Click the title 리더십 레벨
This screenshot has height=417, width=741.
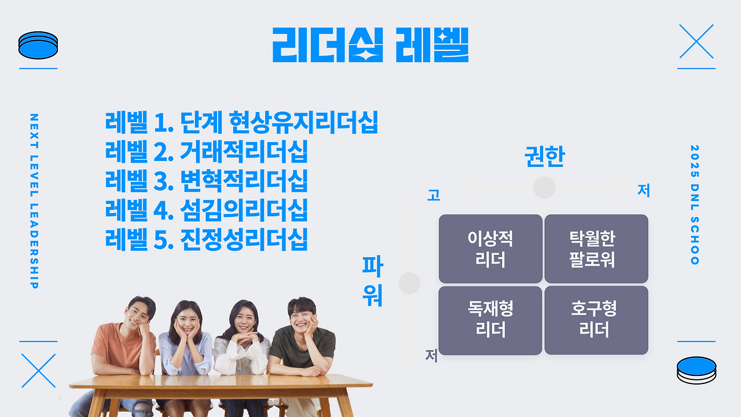click(x=370, y=45)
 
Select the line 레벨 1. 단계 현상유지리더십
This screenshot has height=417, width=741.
click(x=241, y=122)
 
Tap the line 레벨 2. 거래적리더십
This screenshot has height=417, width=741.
click(x=207, y=151)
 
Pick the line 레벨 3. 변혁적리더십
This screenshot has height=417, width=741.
click(x=207, y=181)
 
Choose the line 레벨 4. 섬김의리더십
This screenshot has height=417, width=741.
click(x=207, y=210)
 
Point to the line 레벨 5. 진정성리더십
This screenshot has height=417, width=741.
click(x=207, y=239)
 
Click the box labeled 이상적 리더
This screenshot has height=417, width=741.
click(x=490, y=249)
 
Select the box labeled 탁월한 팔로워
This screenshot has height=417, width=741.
click(x=596, y=249)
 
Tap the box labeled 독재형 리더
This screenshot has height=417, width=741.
click(x=490, y=321)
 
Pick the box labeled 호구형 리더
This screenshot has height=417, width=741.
click(x=596, y=321)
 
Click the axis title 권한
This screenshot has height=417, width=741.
click(x=545, y=156)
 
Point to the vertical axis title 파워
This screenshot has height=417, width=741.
click(x=372, y=281)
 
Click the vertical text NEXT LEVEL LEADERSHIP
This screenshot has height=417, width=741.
click(x=34, y=201)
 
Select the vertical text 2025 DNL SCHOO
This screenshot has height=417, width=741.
click(x=695, y=205)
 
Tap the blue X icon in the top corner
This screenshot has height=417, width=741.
click(x=696, y=41)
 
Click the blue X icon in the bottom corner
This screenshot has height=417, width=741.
click(x=38, y=371)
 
